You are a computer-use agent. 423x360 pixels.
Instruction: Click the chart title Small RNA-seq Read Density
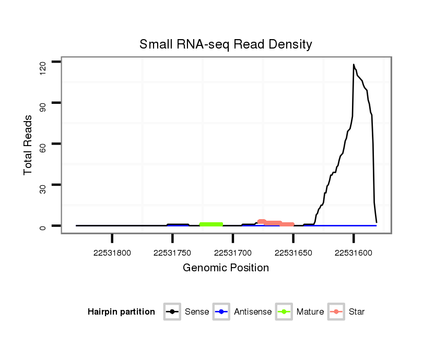coord(226,44)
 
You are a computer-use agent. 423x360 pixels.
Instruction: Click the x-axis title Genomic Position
coord(226,268)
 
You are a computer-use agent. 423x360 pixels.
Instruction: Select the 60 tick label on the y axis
coord(43,144)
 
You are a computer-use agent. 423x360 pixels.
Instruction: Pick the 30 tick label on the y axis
coord(43,185)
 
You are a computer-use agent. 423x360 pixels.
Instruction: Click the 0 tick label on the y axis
coord(43,226)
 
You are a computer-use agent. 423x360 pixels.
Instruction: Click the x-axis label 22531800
coord(112,253)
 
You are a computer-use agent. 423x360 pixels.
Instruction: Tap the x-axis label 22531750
coord(172,253)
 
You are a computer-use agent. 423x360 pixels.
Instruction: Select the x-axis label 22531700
coord(233,253)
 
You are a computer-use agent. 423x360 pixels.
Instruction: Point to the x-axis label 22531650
coord(293,253)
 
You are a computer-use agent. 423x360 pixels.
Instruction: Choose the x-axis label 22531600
coord(354,253)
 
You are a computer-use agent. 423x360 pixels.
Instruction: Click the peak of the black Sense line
coord(354,65)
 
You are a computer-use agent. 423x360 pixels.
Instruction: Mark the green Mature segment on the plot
coord(211,224)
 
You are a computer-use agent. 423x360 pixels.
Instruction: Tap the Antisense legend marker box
coord(221,312)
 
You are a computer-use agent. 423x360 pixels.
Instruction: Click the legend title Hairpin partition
coord(121,312)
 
